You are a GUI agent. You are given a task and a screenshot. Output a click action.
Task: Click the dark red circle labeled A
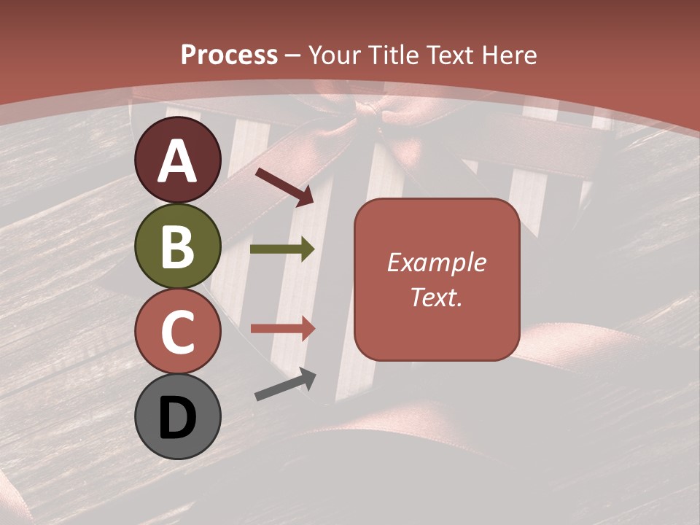(177, 160)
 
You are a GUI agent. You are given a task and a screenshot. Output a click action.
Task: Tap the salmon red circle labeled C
(177, 331)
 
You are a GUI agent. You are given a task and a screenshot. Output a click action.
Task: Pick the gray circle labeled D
(177, 417)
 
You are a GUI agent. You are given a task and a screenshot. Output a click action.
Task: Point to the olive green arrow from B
(283, 249)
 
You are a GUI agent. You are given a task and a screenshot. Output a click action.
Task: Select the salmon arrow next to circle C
(283, 328)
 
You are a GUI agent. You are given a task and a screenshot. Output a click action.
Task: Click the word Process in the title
(229, 55)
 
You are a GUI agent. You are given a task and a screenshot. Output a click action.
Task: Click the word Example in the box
(436, 262)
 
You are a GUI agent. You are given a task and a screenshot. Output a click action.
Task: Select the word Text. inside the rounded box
(436, 297)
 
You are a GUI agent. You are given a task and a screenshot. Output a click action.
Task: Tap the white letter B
(177, 246)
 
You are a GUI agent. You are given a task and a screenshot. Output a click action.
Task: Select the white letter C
(177, 332)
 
